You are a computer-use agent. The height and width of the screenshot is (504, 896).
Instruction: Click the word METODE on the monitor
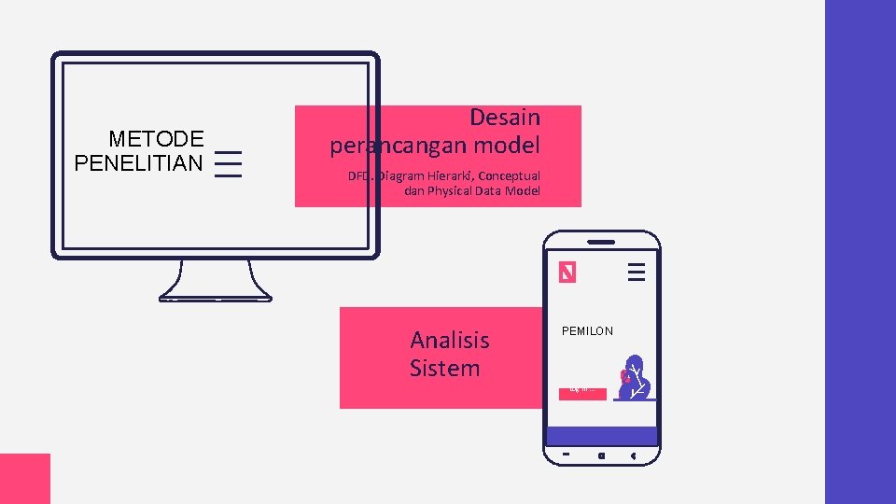pos(156,139)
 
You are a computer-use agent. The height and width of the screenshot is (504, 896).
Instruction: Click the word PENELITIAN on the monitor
pos(138,163)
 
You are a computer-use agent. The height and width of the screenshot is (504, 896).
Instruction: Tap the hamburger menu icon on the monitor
pos(228,163)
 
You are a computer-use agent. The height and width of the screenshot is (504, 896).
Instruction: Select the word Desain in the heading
pos(504,118)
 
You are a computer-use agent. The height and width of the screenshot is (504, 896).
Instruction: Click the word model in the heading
pos(506,146)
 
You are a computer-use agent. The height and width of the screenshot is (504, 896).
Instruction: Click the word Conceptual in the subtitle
pos(509,175)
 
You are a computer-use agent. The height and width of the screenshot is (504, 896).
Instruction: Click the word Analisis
pos(449,340)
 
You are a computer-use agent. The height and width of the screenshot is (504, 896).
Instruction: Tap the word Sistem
pos(444,368)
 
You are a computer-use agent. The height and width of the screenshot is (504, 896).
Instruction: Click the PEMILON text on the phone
pos(587,331)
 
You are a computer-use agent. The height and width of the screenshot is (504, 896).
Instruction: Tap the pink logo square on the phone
pos(567,272)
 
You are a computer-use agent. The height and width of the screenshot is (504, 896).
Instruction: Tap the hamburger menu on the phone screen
pos(637,272)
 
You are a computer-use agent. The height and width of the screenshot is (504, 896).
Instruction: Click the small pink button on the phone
pos(582,394)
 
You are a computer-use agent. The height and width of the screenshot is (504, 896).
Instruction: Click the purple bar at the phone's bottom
pos(602,436)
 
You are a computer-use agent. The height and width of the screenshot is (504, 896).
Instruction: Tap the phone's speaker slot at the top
pos(602,242)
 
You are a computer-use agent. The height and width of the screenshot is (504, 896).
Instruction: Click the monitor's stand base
pos(216,298)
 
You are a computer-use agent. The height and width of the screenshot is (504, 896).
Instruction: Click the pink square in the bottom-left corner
pos(24,479)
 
